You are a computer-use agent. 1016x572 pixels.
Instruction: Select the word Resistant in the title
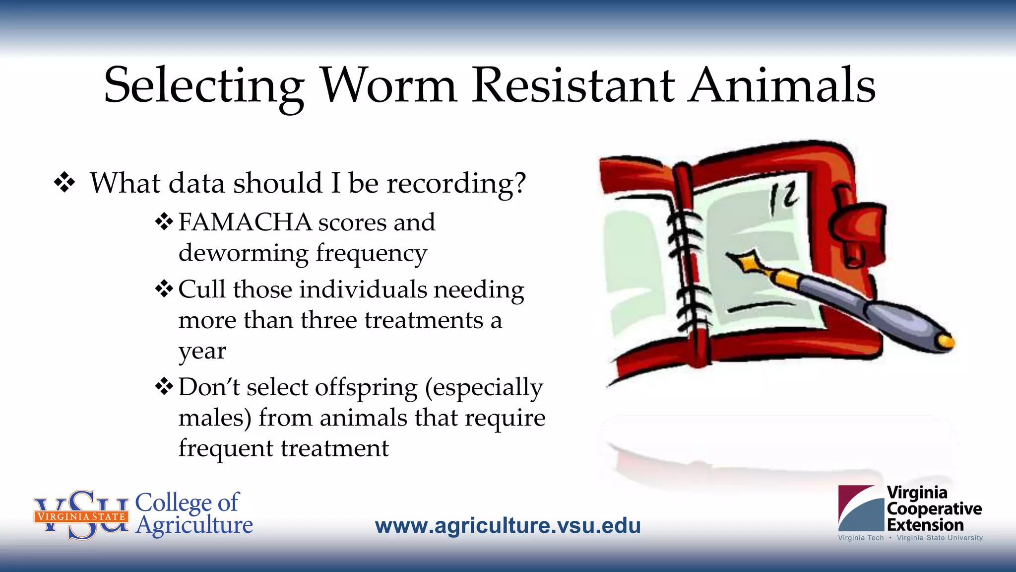573,85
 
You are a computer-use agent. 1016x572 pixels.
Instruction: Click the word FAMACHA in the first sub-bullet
245,222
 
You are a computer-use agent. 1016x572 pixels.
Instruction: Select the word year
202,352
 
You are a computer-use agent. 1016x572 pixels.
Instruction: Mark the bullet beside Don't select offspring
164,386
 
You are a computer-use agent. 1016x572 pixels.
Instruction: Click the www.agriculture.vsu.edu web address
508,525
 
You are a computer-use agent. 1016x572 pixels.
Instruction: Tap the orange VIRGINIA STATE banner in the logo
81,516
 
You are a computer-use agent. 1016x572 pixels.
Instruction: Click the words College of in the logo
187,502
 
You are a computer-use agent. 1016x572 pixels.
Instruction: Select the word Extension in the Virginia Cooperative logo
925,525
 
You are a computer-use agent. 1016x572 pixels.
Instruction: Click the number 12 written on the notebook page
783,198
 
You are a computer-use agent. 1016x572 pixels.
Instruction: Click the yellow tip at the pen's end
946,342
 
